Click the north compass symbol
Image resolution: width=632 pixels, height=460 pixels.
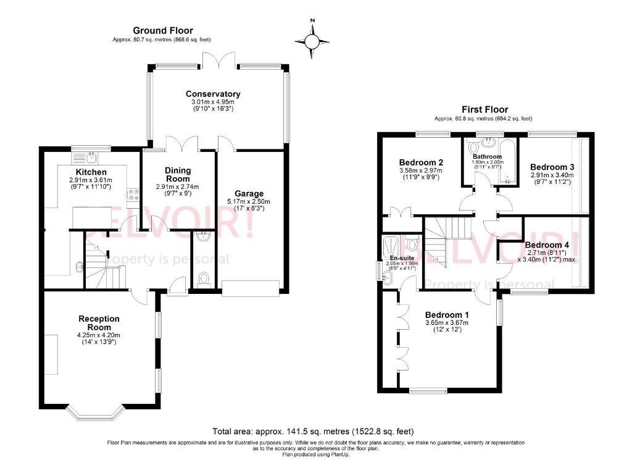[313, 41]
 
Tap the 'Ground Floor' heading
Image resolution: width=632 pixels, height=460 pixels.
[164, 30]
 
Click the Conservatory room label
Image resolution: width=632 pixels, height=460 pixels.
[213, 94]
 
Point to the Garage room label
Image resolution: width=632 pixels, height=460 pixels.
[248, 193]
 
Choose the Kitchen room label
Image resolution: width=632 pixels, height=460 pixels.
[91, 172]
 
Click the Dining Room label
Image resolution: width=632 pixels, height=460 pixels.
[178, 174]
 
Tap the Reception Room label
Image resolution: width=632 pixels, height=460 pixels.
[99, 323]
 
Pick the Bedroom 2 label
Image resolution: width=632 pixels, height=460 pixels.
[421, 163]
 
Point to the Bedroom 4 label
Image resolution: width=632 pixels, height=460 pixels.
[547, 245]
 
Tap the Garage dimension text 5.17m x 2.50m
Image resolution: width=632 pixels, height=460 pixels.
[248, 202]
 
